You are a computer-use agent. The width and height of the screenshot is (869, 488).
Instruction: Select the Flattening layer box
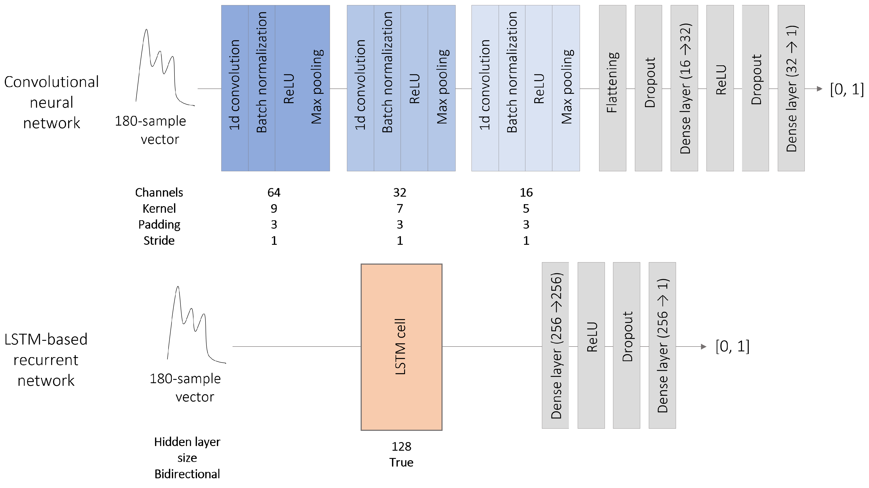click(x=612, y=88)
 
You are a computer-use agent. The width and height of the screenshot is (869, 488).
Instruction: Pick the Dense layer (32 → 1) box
click(x=791, y=88)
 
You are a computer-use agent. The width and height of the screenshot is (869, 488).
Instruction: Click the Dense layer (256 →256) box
click(x=555, y=345)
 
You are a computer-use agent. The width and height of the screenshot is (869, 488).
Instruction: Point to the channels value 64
click(x=274, y=192)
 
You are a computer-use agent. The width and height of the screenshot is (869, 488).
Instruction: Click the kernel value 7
click(x=400, y=208)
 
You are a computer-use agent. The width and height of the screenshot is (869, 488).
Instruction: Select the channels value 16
click(x=526, y=192)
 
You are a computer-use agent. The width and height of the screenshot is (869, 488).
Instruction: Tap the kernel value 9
click(x=274, y=208)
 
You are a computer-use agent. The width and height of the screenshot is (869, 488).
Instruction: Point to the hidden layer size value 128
click(x=401, y=447)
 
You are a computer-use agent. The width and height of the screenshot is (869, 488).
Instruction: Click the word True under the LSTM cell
click(x=401, y=462)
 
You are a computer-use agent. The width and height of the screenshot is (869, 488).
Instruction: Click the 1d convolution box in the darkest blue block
click(x=235, y=88)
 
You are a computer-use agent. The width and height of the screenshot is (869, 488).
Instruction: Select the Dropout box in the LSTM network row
click(x=627, y=345)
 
